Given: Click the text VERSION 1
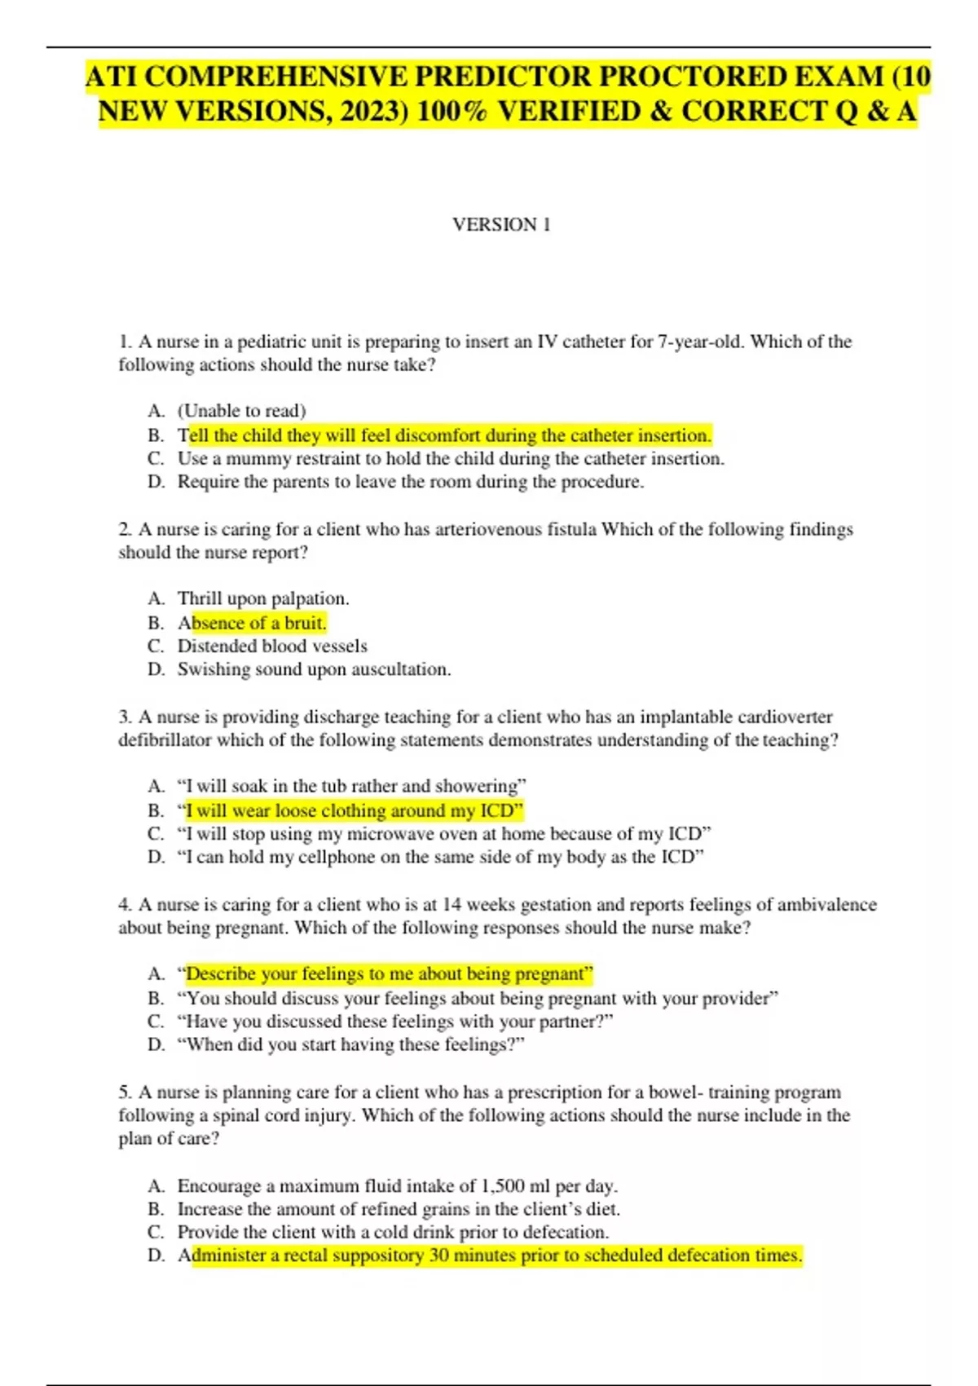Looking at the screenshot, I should (501, 224).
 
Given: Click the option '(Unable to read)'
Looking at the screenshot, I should (241, 411).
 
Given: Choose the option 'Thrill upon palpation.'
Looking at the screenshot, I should (263, 598).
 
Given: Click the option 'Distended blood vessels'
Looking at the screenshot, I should (272, 647).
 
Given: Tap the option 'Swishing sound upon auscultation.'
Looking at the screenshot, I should (314, 669).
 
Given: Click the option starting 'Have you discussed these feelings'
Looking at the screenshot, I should (394, 1022).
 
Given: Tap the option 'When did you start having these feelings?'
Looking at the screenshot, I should (350, 1044).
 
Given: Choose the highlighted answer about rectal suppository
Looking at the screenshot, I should (490, 1256).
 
